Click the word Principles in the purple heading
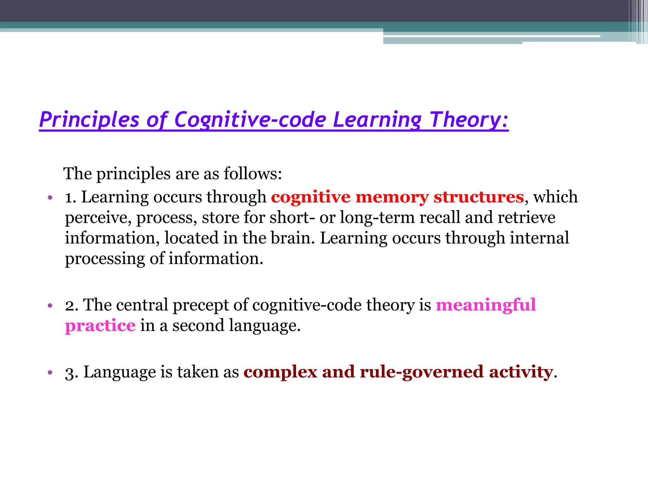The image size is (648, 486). point(89,120)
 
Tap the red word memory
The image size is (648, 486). point(392,197)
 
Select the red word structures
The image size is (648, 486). point(479,197)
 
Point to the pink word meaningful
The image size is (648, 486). point(486,305)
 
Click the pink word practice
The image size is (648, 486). point(100,326)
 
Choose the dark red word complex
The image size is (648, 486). point(280,372)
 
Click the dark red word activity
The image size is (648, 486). point(521,372)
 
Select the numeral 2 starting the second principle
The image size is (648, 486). point(70,306)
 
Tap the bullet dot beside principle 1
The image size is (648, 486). point(50,198)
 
